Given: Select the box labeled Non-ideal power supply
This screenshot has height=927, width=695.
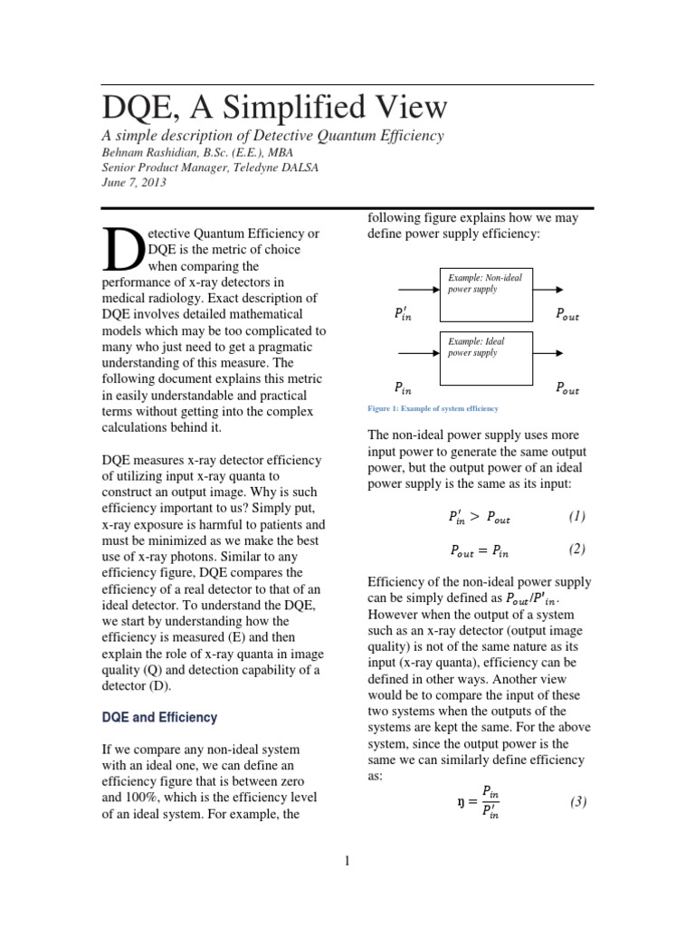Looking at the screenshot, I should (486, 292).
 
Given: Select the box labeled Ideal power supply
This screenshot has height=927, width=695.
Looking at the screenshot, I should (486, 358).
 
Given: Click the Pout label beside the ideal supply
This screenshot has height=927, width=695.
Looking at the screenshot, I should (566, 390).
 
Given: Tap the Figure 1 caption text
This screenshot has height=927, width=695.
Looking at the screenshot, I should (433, 409).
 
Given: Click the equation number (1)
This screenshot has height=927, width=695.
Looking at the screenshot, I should (577, 517).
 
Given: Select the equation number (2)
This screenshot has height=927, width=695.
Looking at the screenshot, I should (577, 550).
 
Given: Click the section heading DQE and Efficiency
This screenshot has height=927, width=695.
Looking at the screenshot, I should (159, 717).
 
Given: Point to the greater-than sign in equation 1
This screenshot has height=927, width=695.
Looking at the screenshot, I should (475, 518).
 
